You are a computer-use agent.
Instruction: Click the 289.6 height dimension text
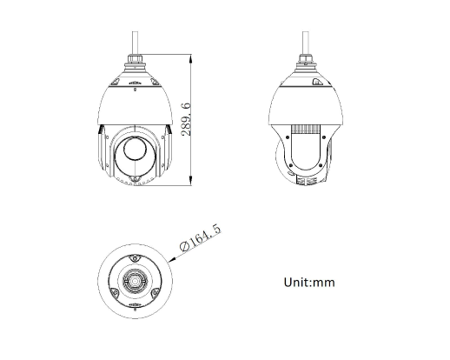pyautogui.click(x=186, y=119)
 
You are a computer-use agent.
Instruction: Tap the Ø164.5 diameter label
pyautogui.click(x=201, y=237)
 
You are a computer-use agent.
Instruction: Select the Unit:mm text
pyautogui.click(x=309, y=283)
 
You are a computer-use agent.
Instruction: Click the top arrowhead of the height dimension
pyautogui.click(x=190, y=59)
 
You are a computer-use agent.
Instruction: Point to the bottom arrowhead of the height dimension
pyautogui.click(x=190, y=181)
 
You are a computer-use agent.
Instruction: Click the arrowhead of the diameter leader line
pyautogui.click(x=172, y=260)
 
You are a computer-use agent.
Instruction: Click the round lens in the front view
pyautogui.click(x=135, y=148)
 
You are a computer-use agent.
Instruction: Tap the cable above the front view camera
pyautogui.click(x=135, y=43)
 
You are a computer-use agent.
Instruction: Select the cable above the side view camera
pyautogui.click(x=305, y=43)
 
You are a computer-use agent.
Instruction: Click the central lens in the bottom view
pyautogui.click(x=135, y=281)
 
